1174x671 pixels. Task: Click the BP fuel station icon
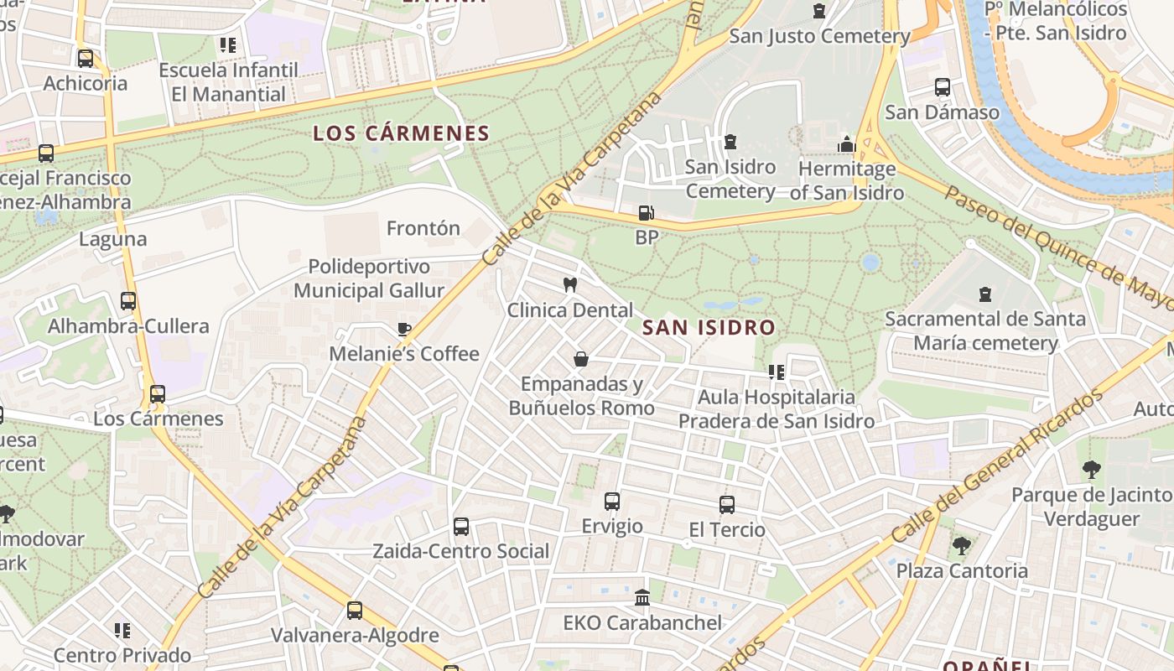[x=645, y=213]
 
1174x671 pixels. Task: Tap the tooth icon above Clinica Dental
[x=570, y=285]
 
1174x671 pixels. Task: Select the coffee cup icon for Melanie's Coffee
[x=404, y=329]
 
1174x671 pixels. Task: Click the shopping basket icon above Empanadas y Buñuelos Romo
[x=580, y=359]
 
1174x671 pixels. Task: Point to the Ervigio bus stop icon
[x=612, y=502]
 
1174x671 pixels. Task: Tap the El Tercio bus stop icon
[x=727, y=505]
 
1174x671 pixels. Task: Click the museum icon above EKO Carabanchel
[x=642, y=598]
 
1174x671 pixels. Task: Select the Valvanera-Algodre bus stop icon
[x=355, y=611]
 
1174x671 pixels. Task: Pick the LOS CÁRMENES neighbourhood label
[x=401, y=133]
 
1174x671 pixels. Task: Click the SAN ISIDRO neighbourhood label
[x=709, y=327]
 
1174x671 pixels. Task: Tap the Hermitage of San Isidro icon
[x=846, y=144]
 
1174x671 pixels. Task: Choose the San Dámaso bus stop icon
[x=943, y=87]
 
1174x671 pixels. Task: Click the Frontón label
[x=423, y=228]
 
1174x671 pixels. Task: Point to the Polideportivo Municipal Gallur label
[x=369, y=278]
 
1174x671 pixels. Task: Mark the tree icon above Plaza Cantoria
[x=961, y=546]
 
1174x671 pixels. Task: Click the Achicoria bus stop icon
[x=86, y=59]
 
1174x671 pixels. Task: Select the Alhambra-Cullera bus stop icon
[x=128, y=301]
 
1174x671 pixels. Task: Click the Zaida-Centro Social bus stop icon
[x=461, y=527]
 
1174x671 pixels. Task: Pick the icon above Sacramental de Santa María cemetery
[x=985, y=294]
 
